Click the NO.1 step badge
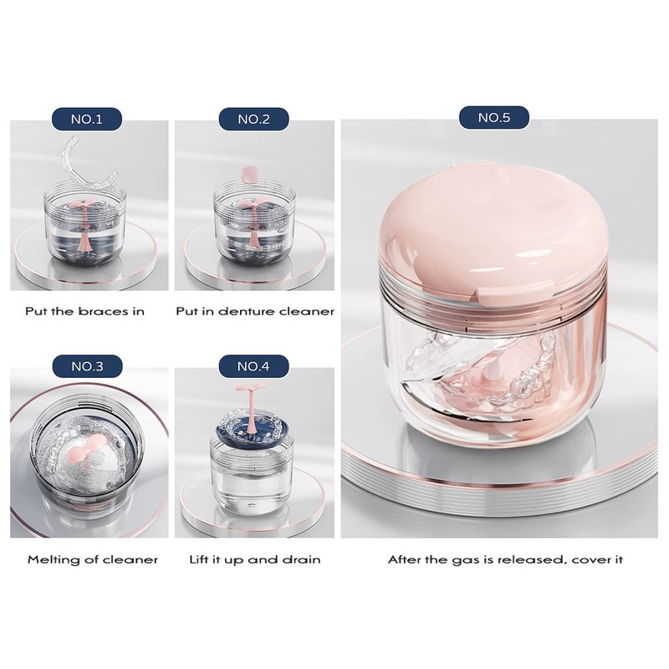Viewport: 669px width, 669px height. [x=87, y=119]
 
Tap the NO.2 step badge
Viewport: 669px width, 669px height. [x=254, y=119]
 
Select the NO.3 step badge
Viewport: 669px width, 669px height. [x=87, y=366]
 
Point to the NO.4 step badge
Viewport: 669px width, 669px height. [x=254, y=366]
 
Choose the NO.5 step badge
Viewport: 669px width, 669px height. [x=494, y=117]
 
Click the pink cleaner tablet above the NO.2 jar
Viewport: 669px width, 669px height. [x=248, y=173]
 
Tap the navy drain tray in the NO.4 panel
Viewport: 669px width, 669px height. [x=254, y=426]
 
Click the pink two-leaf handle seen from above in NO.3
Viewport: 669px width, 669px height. [x=87, y=457]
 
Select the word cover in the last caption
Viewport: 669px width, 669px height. [x=591, y=559]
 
